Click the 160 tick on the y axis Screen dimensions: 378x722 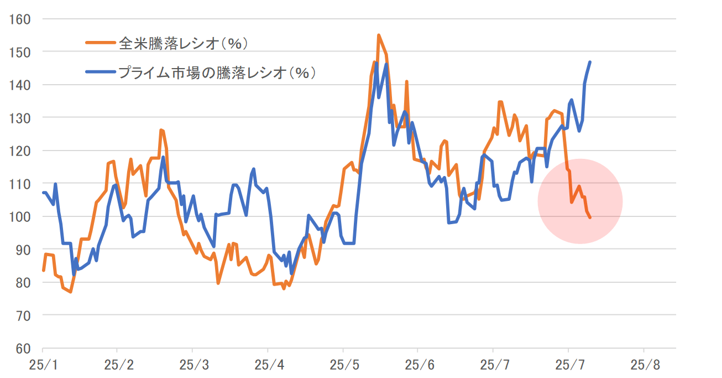(x=21, y=19)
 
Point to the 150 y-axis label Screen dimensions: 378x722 (x=21, y=52)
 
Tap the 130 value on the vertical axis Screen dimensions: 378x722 (x=21, y=118)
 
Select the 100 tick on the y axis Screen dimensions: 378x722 (x=21, y=216)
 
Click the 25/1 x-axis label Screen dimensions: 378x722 (x=43, y=366)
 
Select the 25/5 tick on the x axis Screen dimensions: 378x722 (x=343, y=366)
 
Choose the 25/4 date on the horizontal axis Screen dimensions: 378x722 (x=268, y=366)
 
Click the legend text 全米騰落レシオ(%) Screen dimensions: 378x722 (x=183, y=42)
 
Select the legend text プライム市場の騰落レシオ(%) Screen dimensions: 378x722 (x=218, y=72)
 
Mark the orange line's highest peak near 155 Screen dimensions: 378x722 (x=379, y=35)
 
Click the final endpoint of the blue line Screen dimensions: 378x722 (x=590, y=62)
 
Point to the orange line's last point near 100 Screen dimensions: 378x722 (x=590, y=218)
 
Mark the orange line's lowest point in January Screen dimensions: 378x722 (x=70, y=292)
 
